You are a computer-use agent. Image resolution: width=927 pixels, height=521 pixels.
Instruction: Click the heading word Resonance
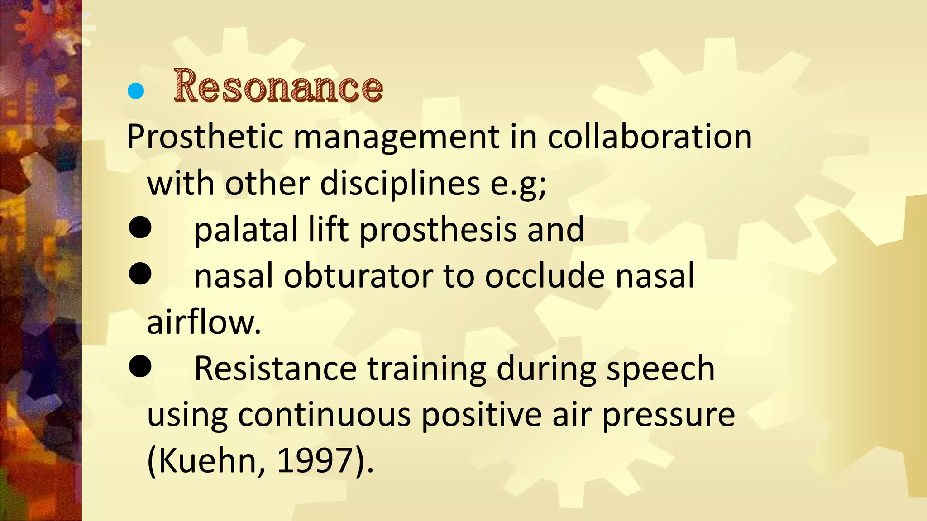[x=278, y=86]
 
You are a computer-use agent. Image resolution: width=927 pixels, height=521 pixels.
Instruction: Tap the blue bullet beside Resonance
[x=136, y=91]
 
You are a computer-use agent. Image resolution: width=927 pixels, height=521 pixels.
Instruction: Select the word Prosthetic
[x=205, y=137]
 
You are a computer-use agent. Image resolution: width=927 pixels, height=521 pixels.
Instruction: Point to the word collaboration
[x=649, y=137]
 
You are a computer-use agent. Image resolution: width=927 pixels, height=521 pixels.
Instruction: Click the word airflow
[x=204, y=322]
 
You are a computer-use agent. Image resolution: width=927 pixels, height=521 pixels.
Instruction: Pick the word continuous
[x=324, y=415]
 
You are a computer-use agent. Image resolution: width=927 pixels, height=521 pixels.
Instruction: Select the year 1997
[x=314, y=460]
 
